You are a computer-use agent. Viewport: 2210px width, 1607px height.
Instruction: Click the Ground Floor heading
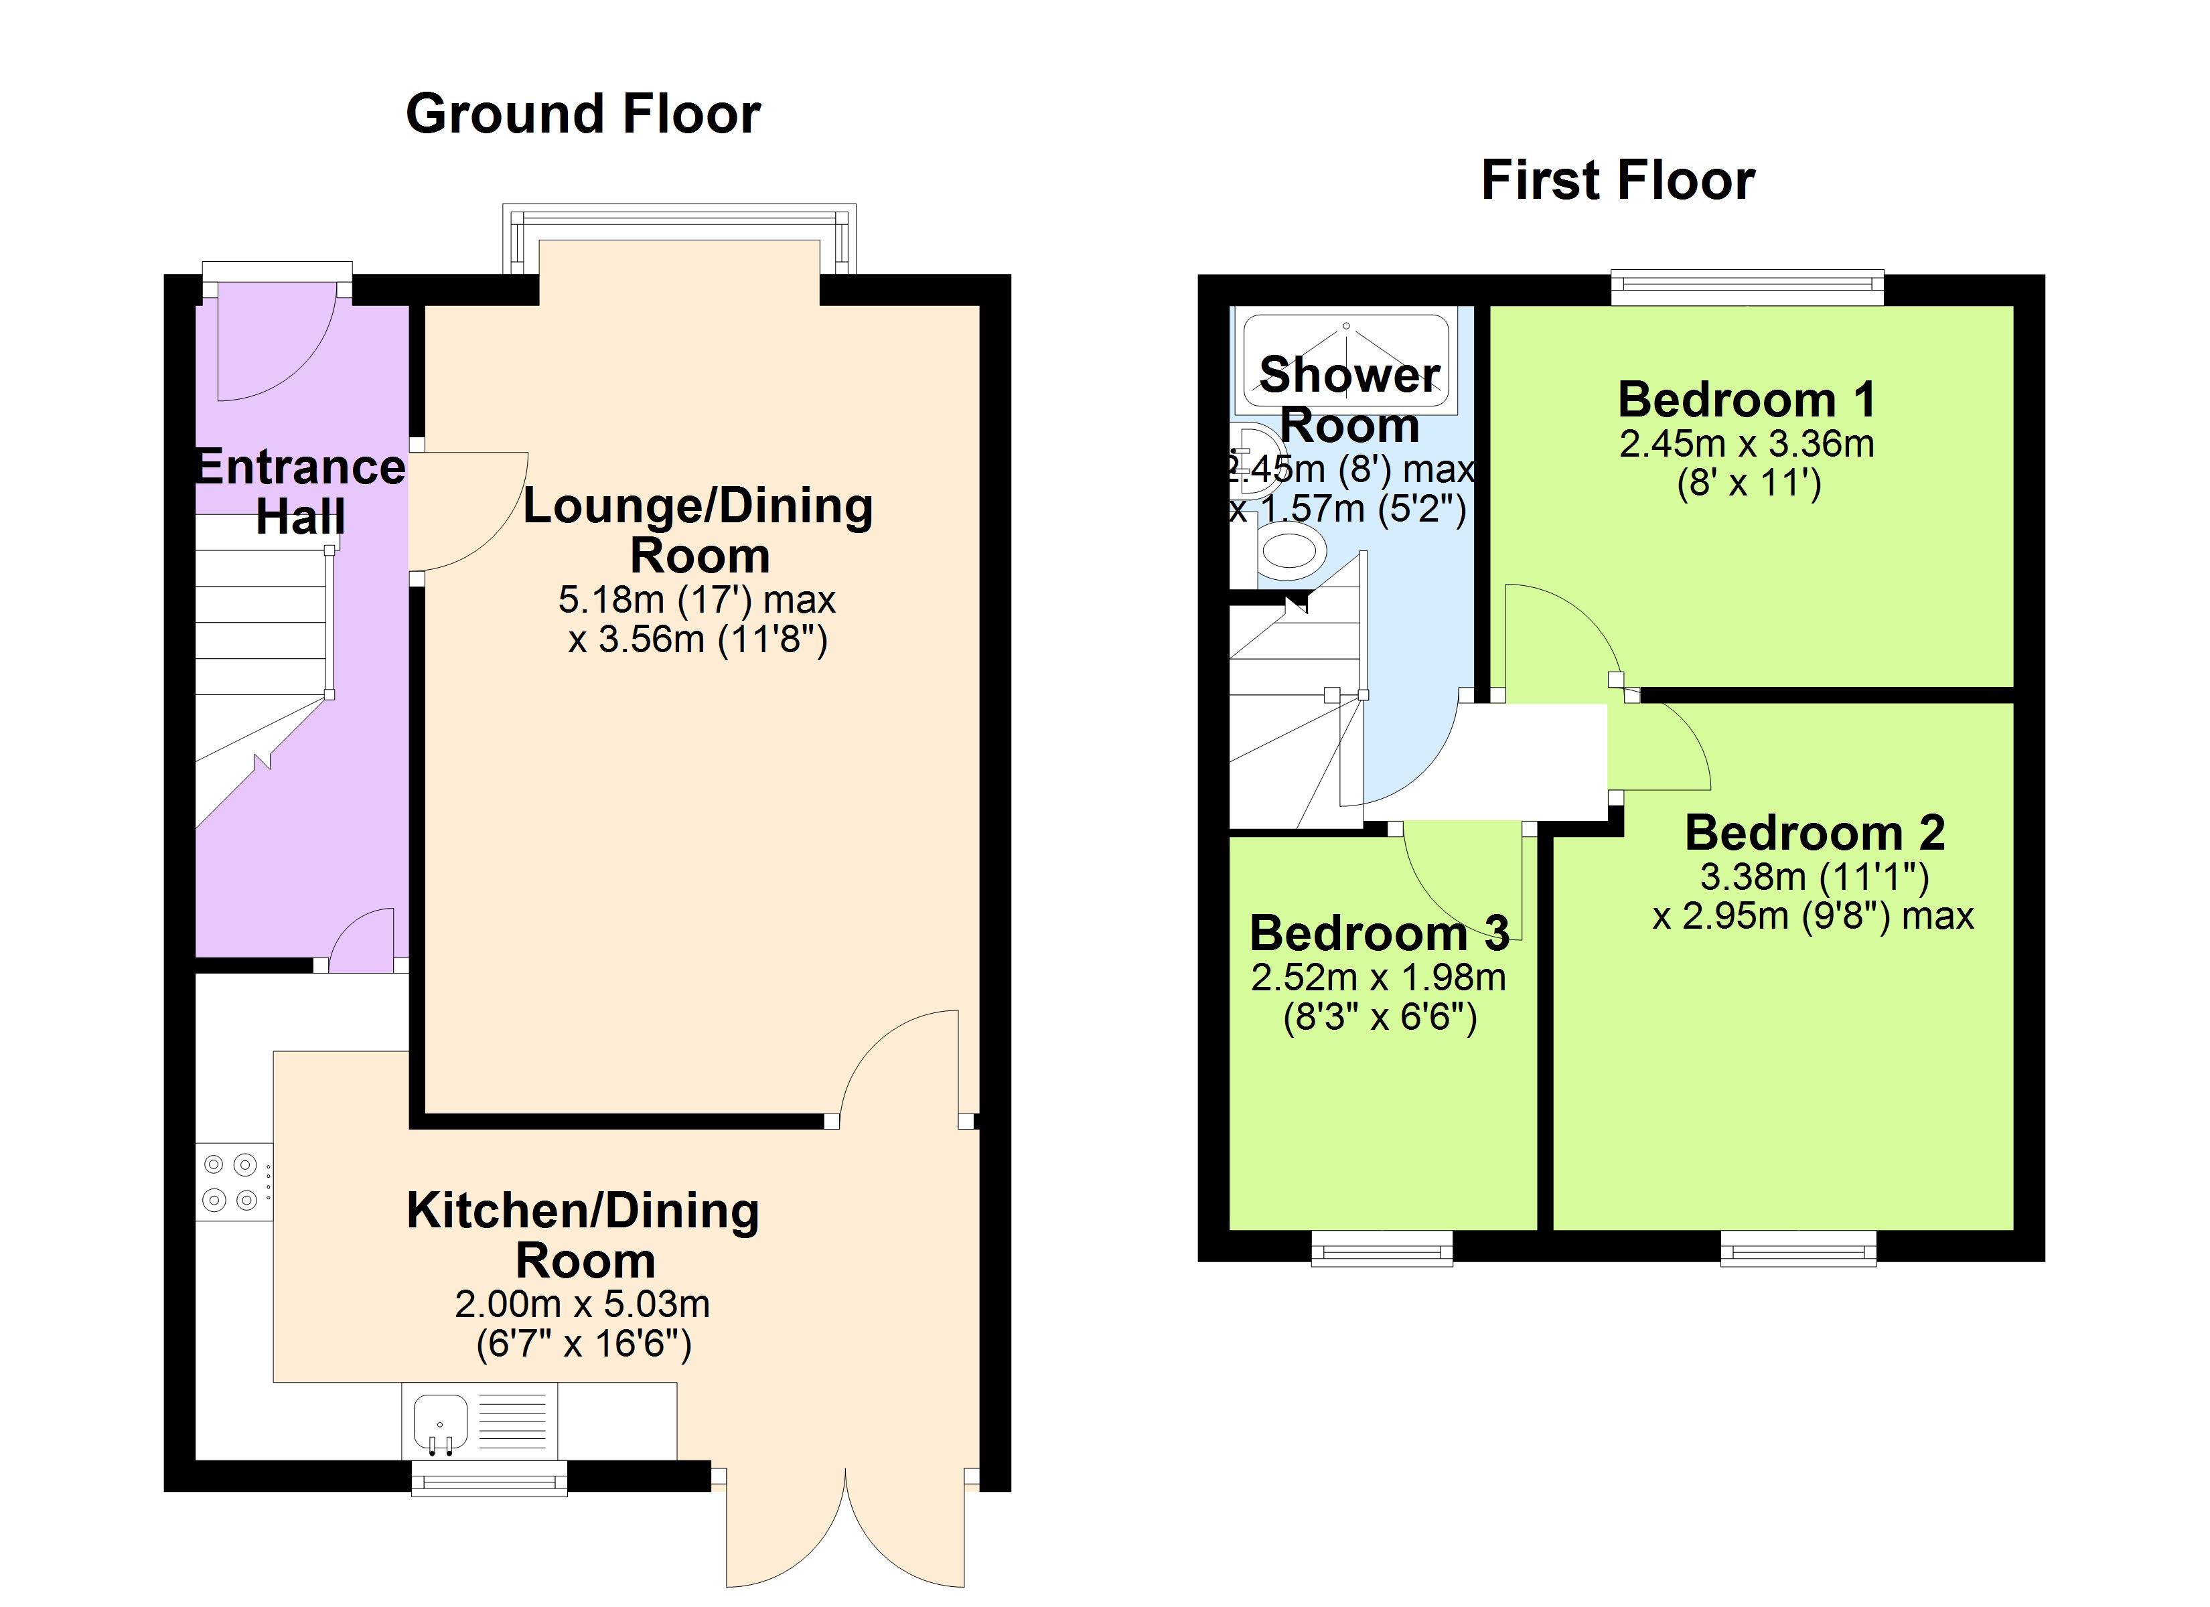pos(583,114)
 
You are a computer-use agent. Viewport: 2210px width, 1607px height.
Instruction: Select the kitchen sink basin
pos(441,1422)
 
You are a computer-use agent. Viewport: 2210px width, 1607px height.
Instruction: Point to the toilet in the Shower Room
pos(1292,550)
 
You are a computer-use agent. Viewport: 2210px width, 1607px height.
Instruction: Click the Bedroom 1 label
pos(1746,400)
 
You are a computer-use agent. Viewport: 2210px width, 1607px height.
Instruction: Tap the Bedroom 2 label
pos(1814,833)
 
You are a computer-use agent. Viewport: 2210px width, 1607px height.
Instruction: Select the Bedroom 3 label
pos(1379,933)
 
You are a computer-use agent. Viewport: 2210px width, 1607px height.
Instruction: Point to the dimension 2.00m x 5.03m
pos(583,1304)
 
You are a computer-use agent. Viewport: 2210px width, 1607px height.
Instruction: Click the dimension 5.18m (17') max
pos(696,599)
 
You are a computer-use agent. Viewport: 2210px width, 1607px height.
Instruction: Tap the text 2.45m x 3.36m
pos(1746,445)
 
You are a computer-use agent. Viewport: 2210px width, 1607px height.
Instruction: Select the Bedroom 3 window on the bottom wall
pos(1381,1248)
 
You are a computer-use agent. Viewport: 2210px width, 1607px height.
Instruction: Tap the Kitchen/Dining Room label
pos(583,1235)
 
